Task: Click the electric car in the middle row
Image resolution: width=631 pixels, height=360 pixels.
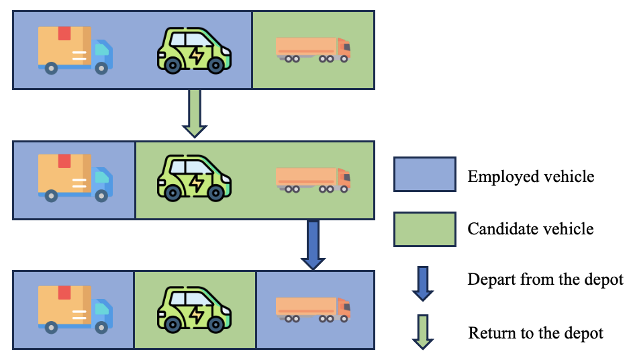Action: click(194, 179)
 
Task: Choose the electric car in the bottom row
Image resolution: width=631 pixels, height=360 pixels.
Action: click(194, 310)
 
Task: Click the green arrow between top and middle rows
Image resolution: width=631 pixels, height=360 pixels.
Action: click(194, 114)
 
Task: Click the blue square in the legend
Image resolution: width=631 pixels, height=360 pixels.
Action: click(424, 177)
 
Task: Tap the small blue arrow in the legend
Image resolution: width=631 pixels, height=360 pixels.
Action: click(423, 283)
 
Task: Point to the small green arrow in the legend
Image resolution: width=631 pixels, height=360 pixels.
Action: click(423, 332)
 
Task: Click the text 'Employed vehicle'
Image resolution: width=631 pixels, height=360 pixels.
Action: click(531, 177)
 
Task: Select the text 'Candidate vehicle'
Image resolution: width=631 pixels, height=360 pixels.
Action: click(530, 229)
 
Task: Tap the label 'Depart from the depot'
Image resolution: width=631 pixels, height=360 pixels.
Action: click(545, 279)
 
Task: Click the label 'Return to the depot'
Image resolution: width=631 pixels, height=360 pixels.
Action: click(535, 332)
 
